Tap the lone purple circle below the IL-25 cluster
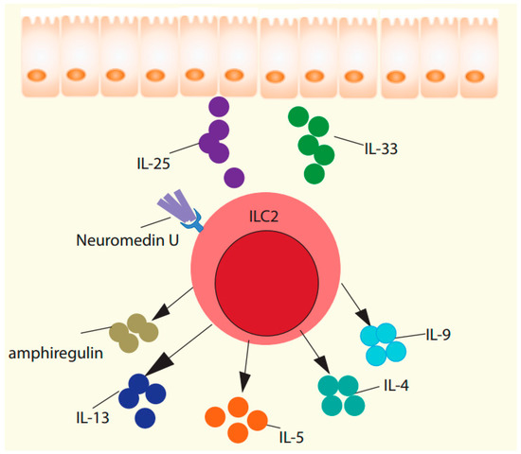click(233, 176)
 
